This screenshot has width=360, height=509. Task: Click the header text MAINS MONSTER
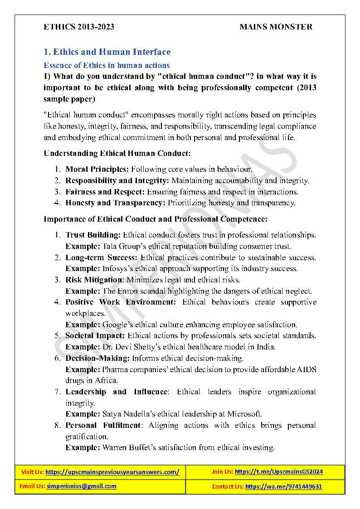pos(276,27)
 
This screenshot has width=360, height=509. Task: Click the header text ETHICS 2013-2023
pos(79,27)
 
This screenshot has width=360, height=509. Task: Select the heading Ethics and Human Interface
pos(107,52)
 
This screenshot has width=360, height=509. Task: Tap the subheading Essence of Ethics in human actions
pos(107,65)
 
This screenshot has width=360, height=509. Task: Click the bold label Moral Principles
pos(97,170)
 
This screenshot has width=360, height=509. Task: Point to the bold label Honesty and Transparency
pos(115,203)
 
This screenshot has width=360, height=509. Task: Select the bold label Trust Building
pos(93,235)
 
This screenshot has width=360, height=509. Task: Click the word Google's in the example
pos(117,325)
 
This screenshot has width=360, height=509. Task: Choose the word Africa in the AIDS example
pos(94,381)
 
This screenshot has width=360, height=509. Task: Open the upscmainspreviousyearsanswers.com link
pos(112,472)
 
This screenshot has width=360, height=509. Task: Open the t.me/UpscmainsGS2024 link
pos(279,472)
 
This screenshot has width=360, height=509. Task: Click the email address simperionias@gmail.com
pos(81,486)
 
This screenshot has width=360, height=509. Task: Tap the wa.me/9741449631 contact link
pos(284,487)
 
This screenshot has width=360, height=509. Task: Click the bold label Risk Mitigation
pos(94,280)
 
